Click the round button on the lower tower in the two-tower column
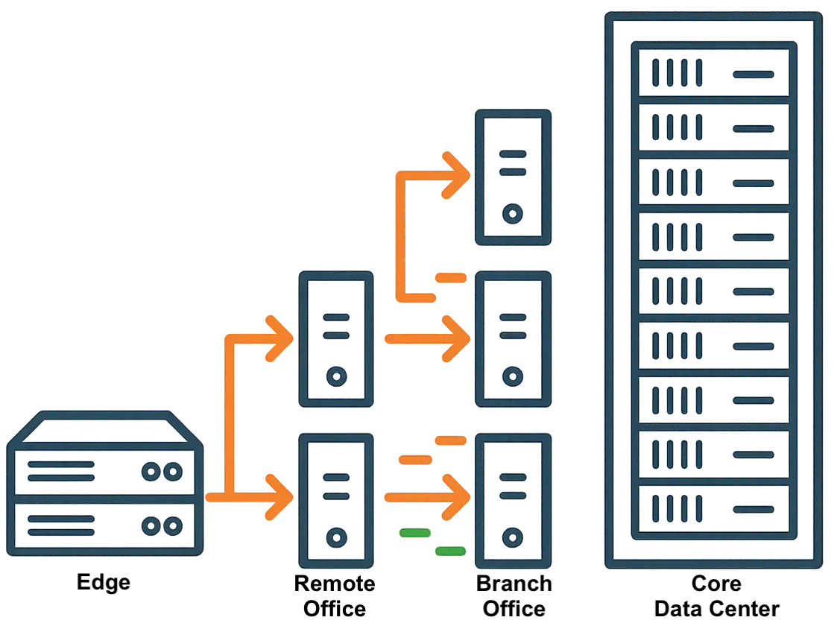(337, 537)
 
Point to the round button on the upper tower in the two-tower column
(337, 376)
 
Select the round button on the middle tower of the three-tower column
(512, 376)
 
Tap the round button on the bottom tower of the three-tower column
(512, 537)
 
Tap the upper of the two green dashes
(415, 532)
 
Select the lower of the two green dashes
(450, 551)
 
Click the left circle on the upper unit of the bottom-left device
(151, 472)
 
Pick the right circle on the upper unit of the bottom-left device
(173, 472)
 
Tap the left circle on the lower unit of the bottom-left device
(151, 526)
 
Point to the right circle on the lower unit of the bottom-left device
(173, 526)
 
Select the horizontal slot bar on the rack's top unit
(754, 75)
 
